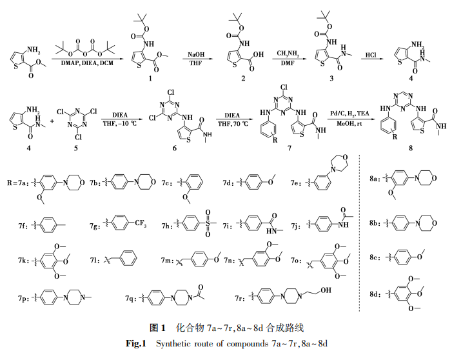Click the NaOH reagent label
tap(196, 54)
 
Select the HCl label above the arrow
tap(371, 55)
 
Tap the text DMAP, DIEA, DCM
tap(87, 63)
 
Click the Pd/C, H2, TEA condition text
tap(349, 114)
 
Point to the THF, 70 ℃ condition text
tap(231, 124)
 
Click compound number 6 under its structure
tap(174, 148)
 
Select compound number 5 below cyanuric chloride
tap(76, 148)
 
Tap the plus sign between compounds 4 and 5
tap(52, 121)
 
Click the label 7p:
tap(24, 297)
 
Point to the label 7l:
tap(95, 260)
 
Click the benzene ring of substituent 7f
tap(47, 225)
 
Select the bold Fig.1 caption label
tap(136, 343)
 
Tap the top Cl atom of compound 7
tap(284, 87)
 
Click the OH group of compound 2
tap(259, 54)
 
